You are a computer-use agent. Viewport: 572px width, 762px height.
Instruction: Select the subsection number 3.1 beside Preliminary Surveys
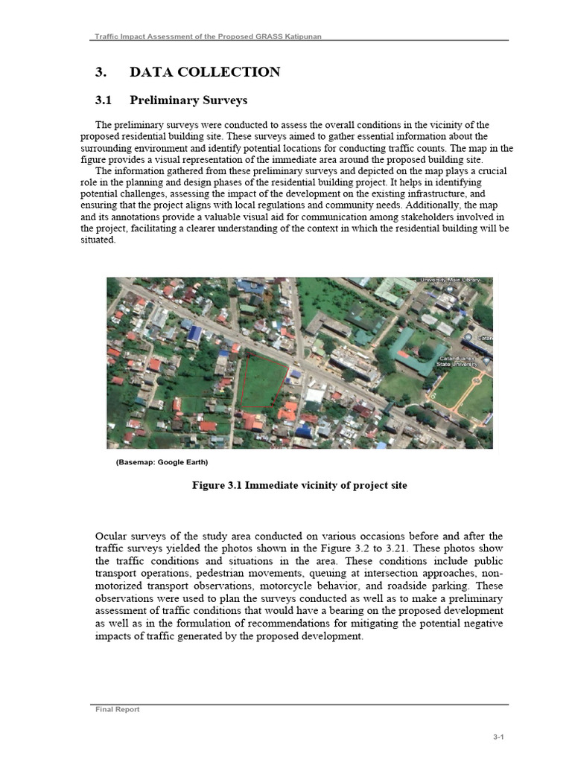click(103, 100)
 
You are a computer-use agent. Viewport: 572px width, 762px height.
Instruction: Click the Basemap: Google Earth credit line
click(162, 462)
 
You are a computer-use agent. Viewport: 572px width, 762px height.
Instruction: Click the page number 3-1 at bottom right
click(498, 737)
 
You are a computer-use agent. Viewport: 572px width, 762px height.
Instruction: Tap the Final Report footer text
click(118, 709)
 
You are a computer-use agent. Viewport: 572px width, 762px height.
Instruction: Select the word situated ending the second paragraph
click(98, 240)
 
